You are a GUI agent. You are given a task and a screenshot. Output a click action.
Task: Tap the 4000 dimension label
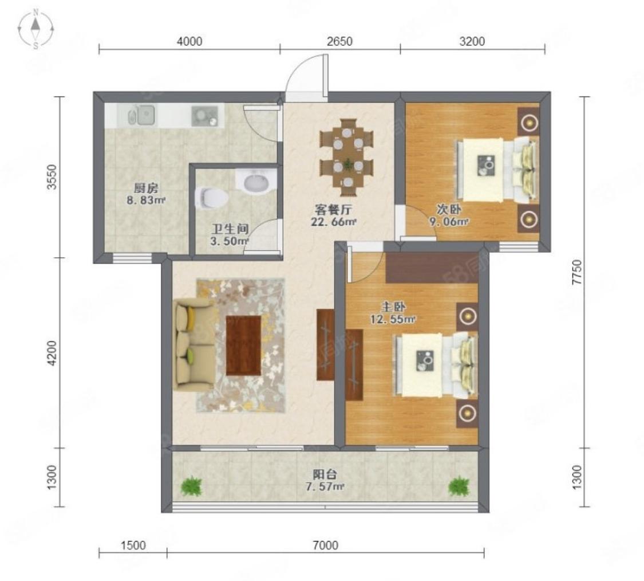(189, 41)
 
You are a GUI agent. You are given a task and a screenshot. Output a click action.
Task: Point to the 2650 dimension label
(339, 41)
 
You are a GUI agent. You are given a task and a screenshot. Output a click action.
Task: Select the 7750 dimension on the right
(577, 272)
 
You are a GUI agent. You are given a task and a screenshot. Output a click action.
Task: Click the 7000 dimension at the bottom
(325, 545)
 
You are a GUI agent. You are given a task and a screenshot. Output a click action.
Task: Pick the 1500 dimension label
(133, 545)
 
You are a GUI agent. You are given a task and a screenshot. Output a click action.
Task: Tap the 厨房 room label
(146, 189)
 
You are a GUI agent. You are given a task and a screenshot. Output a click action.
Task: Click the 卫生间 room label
(230, 229)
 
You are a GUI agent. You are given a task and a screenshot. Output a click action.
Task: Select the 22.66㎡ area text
(333, 222)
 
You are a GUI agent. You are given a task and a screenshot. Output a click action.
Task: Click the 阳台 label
(325, 474)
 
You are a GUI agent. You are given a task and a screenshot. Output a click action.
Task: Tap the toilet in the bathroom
(211, 198)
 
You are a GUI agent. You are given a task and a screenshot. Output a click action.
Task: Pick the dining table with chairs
(347, 158)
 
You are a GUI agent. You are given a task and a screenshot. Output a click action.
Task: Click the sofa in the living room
(192, 344)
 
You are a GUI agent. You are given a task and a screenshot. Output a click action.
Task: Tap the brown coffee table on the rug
(243, 346)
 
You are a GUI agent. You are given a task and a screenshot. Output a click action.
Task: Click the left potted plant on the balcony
(191, 486)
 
